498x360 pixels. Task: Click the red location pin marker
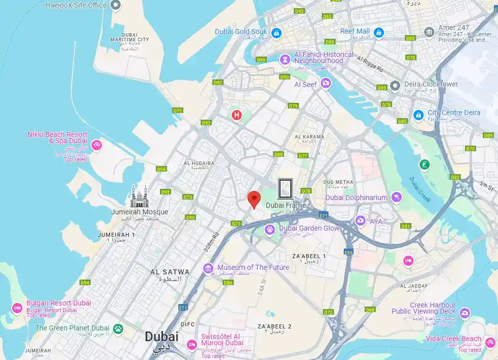coord(254,198)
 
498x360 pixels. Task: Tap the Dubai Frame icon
coord(285,189)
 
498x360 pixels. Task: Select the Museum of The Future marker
coord(208,268)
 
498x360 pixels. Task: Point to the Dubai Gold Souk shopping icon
coord(276,33)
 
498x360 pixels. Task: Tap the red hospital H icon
coord(236,116)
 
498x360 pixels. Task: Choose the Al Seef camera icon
coord(326,84)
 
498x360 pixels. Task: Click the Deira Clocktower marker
coord(394,85)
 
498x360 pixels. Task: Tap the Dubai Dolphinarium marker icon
coord(397,198)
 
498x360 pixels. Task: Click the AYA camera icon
coord(361,220)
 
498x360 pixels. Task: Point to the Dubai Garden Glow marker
coord(269,230)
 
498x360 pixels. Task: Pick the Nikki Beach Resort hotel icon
coord(97,146)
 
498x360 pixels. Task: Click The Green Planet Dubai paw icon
coord(118,328)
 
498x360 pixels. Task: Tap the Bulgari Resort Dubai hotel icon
coord(17,308)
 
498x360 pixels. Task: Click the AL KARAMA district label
coord(309,137)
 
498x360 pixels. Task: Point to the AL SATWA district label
coord(170,272)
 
